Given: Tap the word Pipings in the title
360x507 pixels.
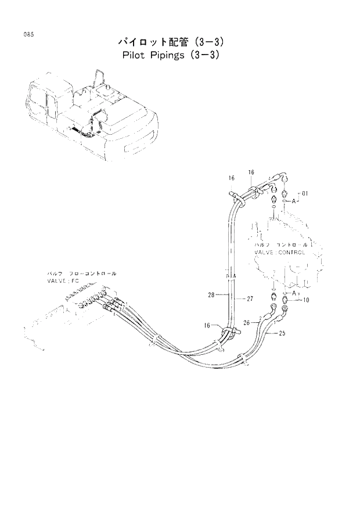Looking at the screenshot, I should click(173, 57).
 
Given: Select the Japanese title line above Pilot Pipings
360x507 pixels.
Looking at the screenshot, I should click(171, 42).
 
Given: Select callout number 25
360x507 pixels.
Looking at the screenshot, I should click(283, 333).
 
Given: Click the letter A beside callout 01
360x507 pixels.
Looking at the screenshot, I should click(294, 201).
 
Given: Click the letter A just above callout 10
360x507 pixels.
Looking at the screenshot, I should click(295, 293).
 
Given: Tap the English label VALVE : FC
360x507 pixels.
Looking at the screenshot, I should click(63, 280).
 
